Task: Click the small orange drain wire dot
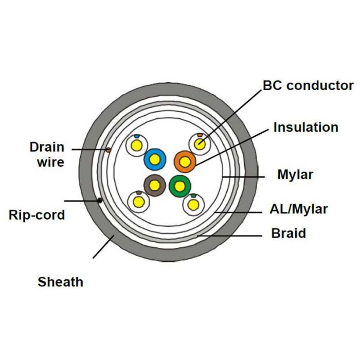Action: tap(108, 150)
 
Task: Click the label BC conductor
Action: tap(308, 85)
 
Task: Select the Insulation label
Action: tap(305, 127)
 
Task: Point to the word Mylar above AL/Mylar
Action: tap(295, 175)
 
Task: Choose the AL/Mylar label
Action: tap(299, 209)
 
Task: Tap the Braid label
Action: tap(289, 233)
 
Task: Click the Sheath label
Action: tap(61, 281)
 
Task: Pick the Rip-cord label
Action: tap(37, 214)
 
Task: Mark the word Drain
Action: tap(47, 148)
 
